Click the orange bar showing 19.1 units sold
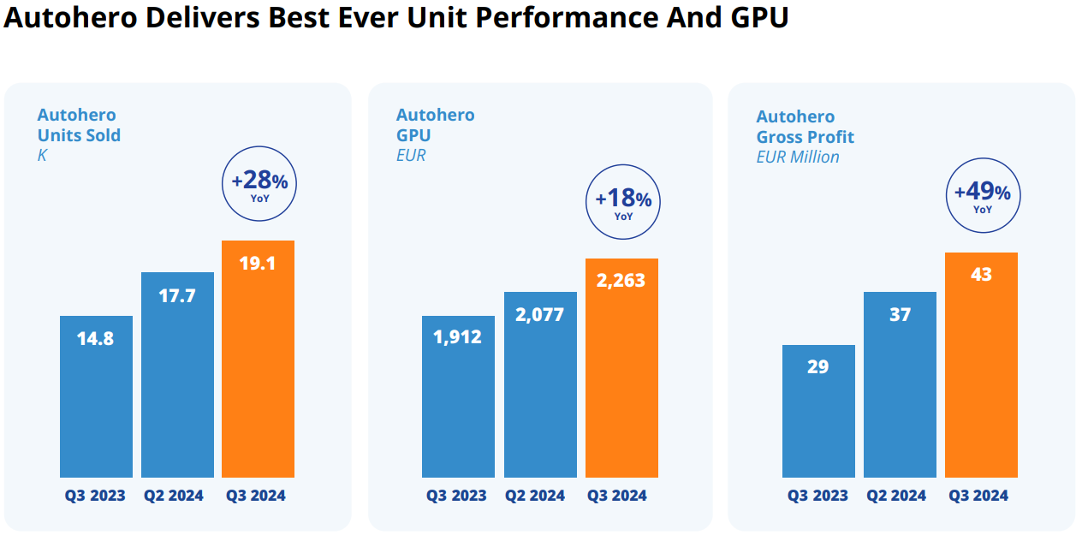tap(258, 360)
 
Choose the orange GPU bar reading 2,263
tap(621, 368)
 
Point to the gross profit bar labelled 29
tap(818, 411)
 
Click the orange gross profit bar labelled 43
tap(981, 365)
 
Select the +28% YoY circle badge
tap(259, 185)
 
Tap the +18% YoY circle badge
tap(623, 203)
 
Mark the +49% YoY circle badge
tap(982, 196)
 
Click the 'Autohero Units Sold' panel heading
tap(79, 125)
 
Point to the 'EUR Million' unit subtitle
tap(798, 158)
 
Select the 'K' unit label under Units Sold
tap(42, 156)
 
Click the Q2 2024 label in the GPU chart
tap(534, 496)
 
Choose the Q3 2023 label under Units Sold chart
tap(95, 496)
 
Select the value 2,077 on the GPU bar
tap(540, 315)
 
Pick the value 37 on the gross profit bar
tap(900, 315)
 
